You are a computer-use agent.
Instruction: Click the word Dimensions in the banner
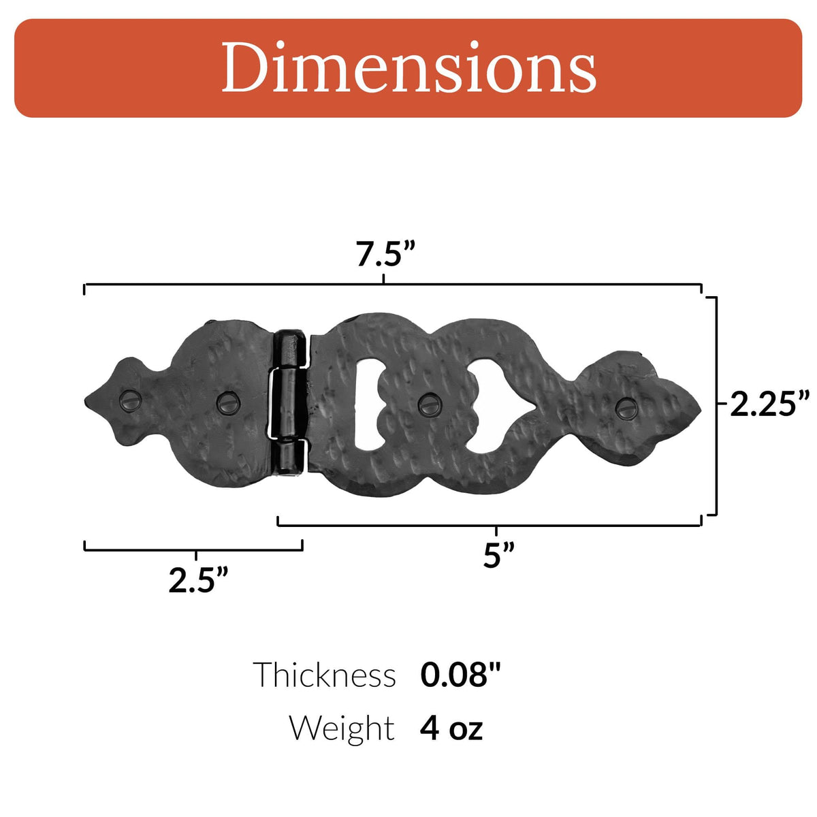pyautogui.click(x=408, y=67)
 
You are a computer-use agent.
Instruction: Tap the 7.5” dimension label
pyautogui.click(x=385, y=254)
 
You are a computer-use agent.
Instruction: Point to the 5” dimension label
pyautogui.click(x=499, y=555)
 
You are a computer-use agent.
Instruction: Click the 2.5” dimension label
pyautogui.click(x=198, y=580)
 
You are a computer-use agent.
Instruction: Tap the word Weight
pyautogui.click(x=342, y=728)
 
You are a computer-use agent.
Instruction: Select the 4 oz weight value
pyautogui.click(x=451, y=728)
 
